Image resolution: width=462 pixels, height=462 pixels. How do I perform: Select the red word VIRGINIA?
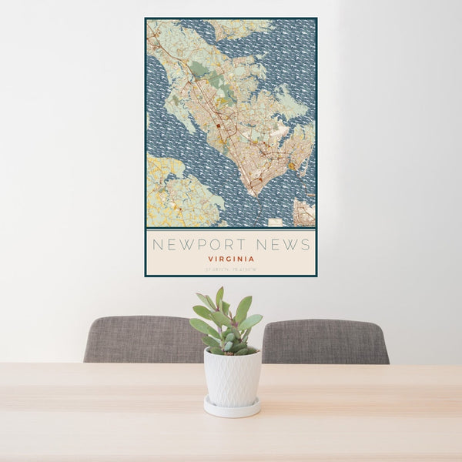230,259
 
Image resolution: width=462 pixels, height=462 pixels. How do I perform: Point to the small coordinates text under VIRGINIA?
230,269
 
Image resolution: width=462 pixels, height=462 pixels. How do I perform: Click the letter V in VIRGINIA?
209,259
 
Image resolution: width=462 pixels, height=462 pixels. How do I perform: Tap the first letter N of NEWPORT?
156,245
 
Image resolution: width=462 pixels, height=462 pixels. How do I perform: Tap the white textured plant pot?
232,377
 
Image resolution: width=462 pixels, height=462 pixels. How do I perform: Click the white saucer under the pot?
232,408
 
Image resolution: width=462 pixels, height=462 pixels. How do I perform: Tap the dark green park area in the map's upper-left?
198,69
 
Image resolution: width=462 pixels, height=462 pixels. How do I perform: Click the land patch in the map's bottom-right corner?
304,213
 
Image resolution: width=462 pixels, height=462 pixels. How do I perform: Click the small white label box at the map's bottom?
275,223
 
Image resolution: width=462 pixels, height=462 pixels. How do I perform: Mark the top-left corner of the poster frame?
146,18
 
